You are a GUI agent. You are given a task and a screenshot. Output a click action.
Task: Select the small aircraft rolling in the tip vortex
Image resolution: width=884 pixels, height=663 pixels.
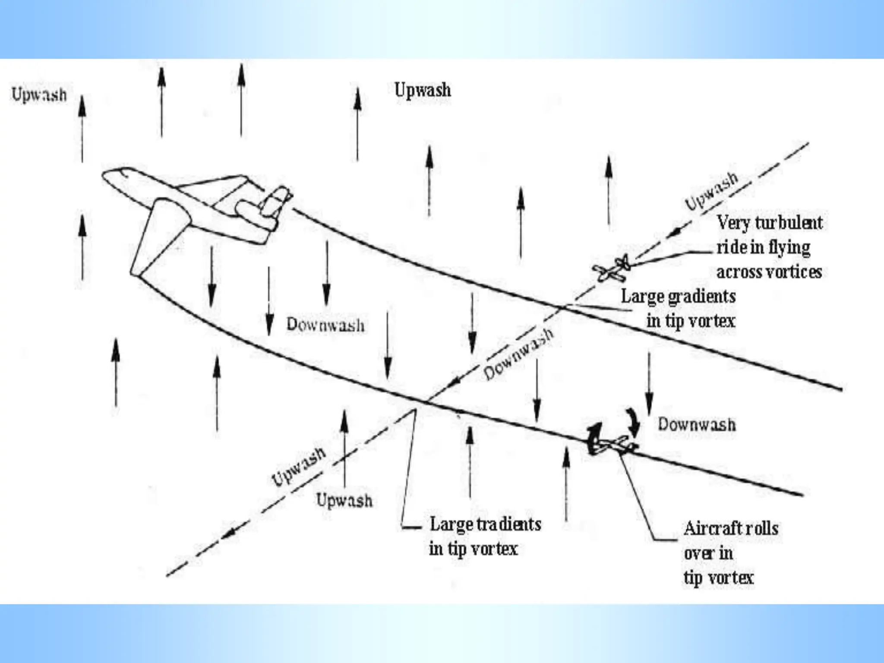click(x=613, y=443)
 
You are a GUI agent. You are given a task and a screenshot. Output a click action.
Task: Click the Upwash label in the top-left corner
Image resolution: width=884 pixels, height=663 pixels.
click(x=39, y=95)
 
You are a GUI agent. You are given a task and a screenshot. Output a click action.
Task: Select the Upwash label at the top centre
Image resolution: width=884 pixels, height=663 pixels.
click(x=423, y=90)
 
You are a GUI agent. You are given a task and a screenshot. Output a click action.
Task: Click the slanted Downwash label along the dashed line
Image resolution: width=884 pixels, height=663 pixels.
click(x=518, y=355)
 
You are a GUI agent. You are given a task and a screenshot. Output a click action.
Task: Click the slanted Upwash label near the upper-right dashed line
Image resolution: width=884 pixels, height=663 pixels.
click(x=711, y=191)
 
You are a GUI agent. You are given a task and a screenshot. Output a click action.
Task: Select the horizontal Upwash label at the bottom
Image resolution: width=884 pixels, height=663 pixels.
click(x=344, y=501)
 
